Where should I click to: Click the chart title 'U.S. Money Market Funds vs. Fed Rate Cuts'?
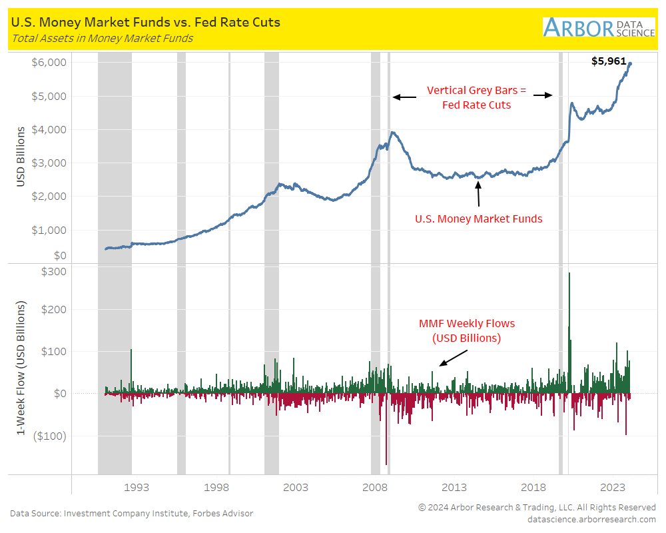145,22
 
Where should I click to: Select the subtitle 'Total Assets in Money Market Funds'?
102,38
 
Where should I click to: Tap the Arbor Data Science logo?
599,27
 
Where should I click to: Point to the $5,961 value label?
609,61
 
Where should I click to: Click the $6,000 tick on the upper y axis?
50,63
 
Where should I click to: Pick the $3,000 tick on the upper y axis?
50,163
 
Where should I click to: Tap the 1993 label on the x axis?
136,487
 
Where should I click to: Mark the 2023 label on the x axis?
613,487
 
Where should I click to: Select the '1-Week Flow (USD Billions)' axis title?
21,368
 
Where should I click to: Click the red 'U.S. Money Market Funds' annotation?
478,219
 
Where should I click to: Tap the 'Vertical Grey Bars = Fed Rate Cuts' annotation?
476,97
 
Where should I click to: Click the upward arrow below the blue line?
478,193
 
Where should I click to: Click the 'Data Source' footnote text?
131,513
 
